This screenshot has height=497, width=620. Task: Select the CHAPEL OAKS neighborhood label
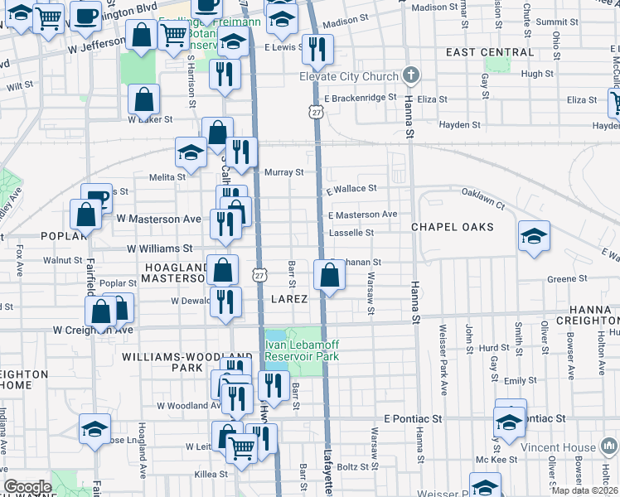click(453, 227)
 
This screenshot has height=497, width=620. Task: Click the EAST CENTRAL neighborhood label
click(490, 52)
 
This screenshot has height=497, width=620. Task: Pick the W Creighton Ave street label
click(93, 330)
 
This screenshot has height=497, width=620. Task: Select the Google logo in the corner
click(27, 487)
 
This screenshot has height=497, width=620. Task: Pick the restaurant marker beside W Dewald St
click(224, 302)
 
